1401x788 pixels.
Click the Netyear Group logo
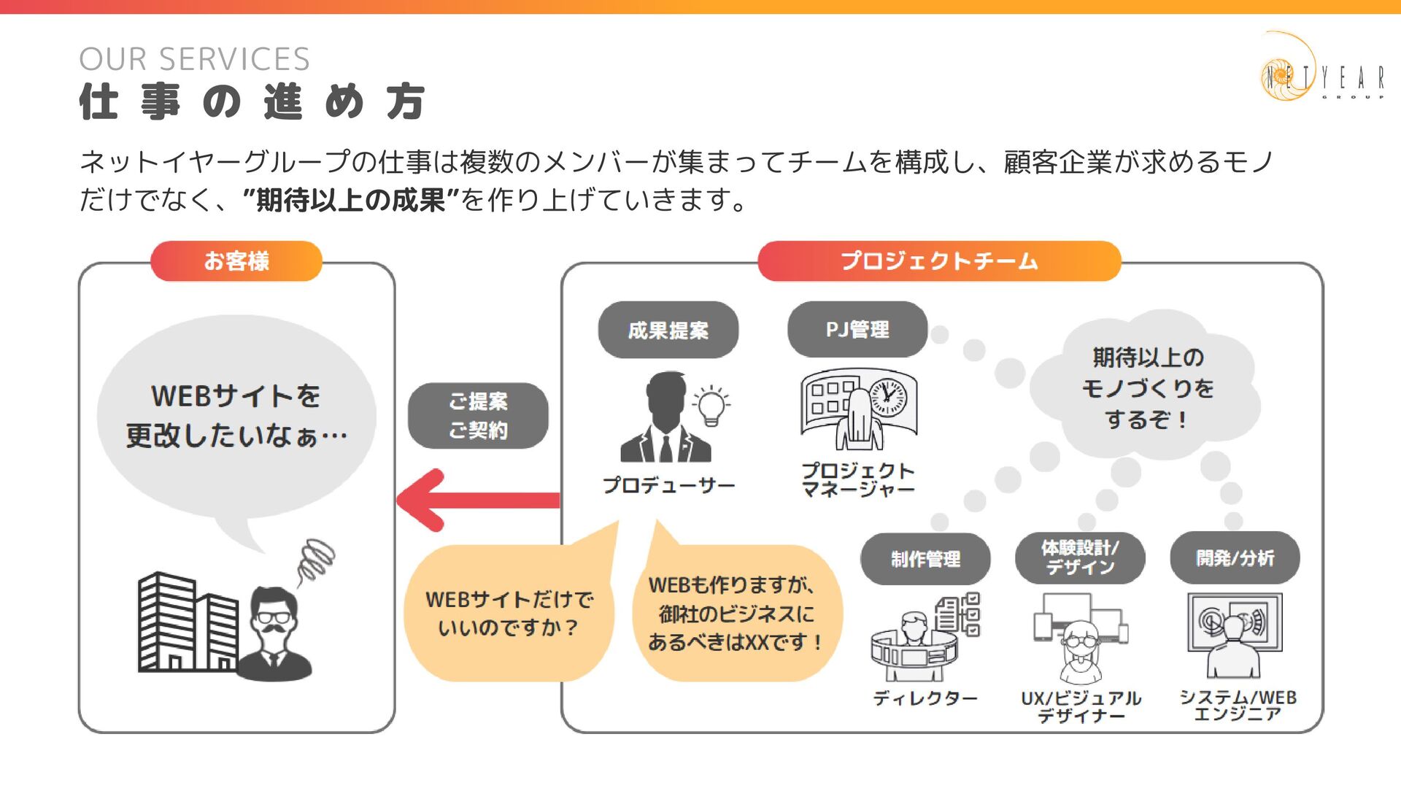pos(1321,69)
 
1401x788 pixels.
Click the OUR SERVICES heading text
pos(194,59)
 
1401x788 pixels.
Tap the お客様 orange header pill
pos(236,261)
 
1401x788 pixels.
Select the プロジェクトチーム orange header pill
pos(938,261)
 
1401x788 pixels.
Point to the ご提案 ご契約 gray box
pos(478,416)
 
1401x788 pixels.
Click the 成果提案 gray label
pos(668,330)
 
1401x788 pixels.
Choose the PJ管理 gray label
pos(857,330)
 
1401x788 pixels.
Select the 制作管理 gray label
pos(925,559)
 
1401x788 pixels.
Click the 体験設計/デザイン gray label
pos(1080,557)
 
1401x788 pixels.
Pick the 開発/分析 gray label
pos(1235,558)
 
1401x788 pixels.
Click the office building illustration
pos(187,623)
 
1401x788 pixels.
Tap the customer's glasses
pos(274,617)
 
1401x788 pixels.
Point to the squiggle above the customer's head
pos(315,562)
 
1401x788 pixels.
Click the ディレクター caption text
pos(925,698)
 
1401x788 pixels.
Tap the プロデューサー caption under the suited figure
pos(668,485)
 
